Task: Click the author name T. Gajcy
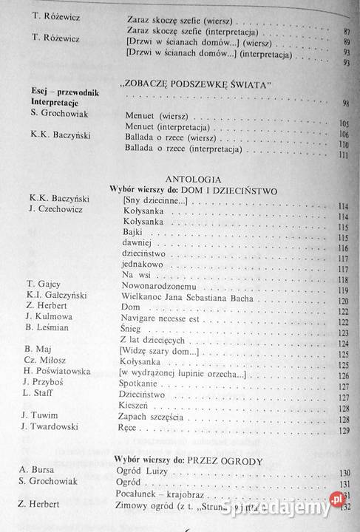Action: tap(43, 284)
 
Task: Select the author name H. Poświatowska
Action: tap(58, 369)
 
